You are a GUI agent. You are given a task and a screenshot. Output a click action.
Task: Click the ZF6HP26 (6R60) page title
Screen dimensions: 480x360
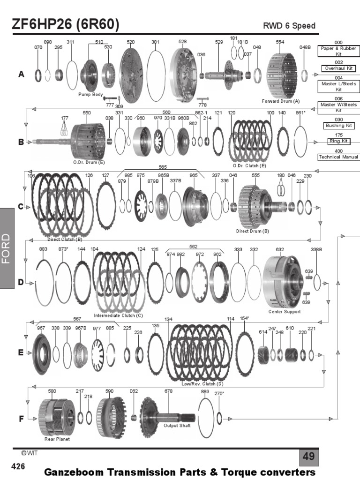[66, 24]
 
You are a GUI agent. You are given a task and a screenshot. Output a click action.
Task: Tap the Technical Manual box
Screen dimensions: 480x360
[338, 157]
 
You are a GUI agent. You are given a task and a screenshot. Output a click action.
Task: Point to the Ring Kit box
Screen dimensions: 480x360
[338, 141]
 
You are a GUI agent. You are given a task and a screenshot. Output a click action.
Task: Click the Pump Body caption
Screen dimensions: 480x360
[90, 95]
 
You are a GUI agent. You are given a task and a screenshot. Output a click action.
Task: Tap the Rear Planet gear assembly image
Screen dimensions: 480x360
[56, 415]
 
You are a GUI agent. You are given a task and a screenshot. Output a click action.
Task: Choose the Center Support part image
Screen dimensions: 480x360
[284, 281]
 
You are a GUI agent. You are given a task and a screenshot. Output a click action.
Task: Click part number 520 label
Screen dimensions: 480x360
[131, 42]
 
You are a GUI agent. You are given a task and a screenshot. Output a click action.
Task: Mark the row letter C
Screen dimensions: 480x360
[21, 206]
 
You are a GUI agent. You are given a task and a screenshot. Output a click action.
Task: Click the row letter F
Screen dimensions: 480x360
[21, 419]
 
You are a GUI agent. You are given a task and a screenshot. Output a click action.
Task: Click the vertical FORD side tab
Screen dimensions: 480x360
[13, 248]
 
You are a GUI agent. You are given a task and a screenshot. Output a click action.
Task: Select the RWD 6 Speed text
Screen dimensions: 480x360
[290, 26]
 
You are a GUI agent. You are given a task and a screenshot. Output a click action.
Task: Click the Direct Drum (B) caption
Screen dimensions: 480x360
[252, 231]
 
